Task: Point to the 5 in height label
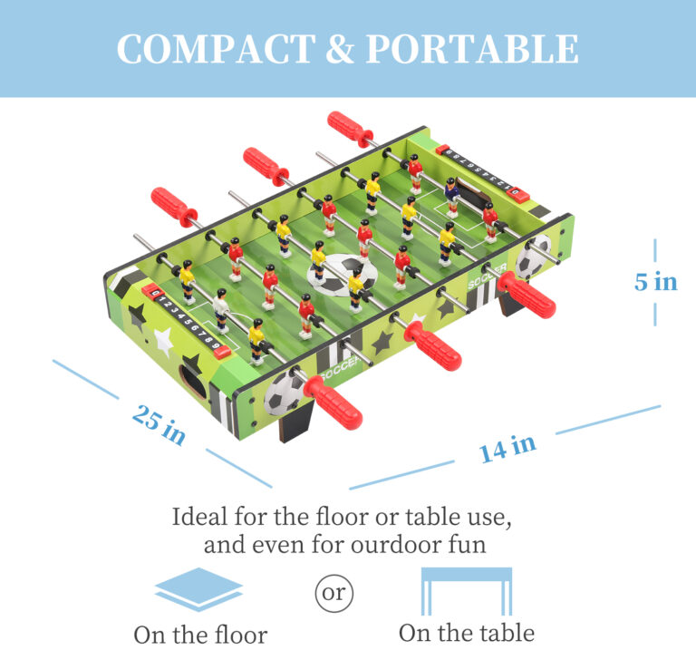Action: pos(655,282)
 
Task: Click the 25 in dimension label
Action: pos(159,424)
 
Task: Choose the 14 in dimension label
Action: pos(507,447)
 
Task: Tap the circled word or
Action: pos(334,594)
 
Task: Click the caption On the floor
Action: pos(200,634)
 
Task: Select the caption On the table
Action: pos(466,632)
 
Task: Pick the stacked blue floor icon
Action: pos(198,589)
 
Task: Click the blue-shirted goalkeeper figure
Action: pos(451,194)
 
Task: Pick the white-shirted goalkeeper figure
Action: pos(221,309)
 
